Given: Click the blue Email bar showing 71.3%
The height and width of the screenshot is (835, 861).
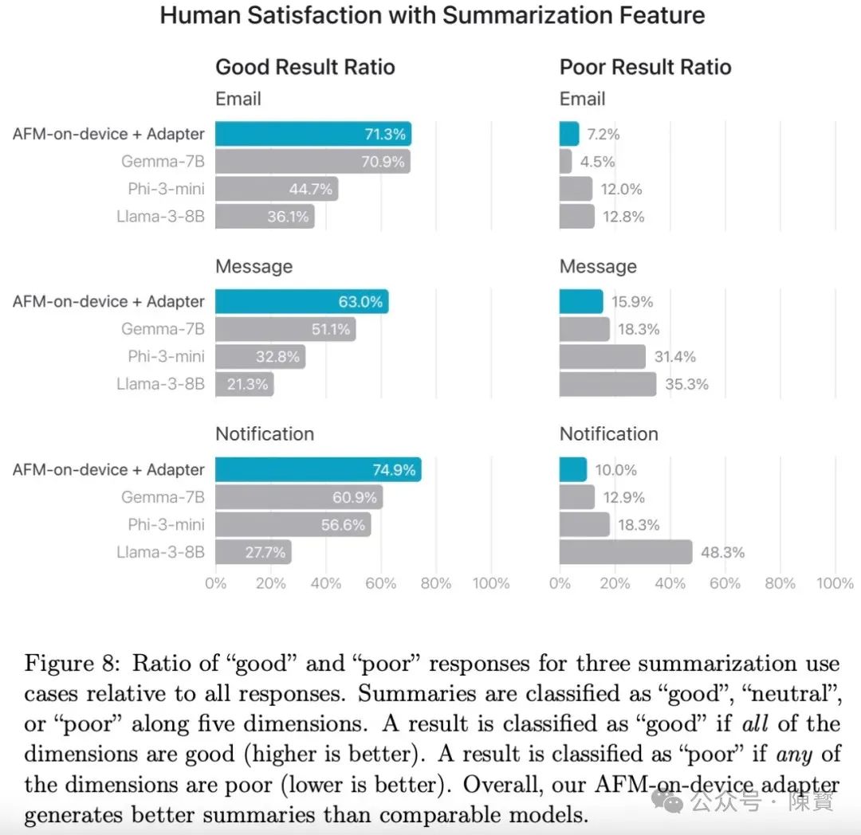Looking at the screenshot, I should coord(313,134).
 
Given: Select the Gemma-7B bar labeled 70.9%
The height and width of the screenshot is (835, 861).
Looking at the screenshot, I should coord(313,162).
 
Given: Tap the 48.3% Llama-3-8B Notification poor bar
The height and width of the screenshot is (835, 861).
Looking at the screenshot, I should coord(625,551).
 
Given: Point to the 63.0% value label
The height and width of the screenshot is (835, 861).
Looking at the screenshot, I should coord(361,302).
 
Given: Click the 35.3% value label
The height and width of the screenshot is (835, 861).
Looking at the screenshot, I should coord(686,385).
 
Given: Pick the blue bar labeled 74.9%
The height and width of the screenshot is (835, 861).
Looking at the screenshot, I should coord(317,470).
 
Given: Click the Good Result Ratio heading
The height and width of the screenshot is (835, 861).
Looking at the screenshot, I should coord(305,67).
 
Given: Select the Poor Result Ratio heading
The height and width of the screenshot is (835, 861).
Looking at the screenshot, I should coord(645,67).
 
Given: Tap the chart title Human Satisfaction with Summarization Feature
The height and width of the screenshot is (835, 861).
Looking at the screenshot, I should coord(432,16).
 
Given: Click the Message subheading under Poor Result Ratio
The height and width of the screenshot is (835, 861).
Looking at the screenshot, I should coord(598,266).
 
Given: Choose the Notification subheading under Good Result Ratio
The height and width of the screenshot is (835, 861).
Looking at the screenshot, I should coord(265,434).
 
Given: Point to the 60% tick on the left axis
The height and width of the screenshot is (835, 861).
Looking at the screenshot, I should coord(380,583).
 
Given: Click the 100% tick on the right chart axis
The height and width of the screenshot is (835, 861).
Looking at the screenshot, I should coord(835,583).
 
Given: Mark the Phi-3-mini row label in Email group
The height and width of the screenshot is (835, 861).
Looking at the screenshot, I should coord(166,189).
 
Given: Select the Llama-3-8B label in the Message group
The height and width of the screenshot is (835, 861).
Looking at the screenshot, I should coord(160,384).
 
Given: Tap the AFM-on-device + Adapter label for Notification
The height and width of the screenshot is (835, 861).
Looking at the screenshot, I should coord(108,470).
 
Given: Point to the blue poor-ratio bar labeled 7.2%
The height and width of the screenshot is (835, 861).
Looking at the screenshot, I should coord(569,134).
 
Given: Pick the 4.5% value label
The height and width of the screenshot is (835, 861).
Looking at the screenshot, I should coord(597,162).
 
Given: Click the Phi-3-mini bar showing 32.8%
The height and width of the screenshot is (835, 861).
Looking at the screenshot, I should coord(260,357).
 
